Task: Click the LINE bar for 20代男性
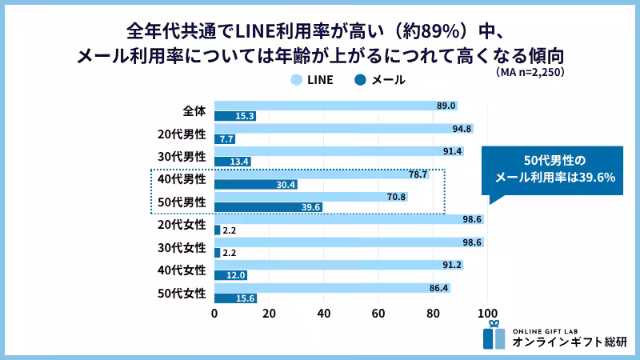(344, 128)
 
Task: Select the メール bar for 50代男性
(268, 207)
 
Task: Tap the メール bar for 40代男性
(256, 185)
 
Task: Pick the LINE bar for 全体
(336, 106)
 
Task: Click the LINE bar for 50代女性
(332, 287)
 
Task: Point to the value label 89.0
(446, 106)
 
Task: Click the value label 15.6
(246, 298)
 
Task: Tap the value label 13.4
(239, 162)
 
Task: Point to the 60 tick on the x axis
(378, 313)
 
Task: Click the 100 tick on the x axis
(487, 313)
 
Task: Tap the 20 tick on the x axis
(269, 313)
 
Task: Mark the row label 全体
(194, 110)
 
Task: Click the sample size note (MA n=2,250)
(530, 73)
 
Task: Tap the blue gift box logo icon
(494, 335)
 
